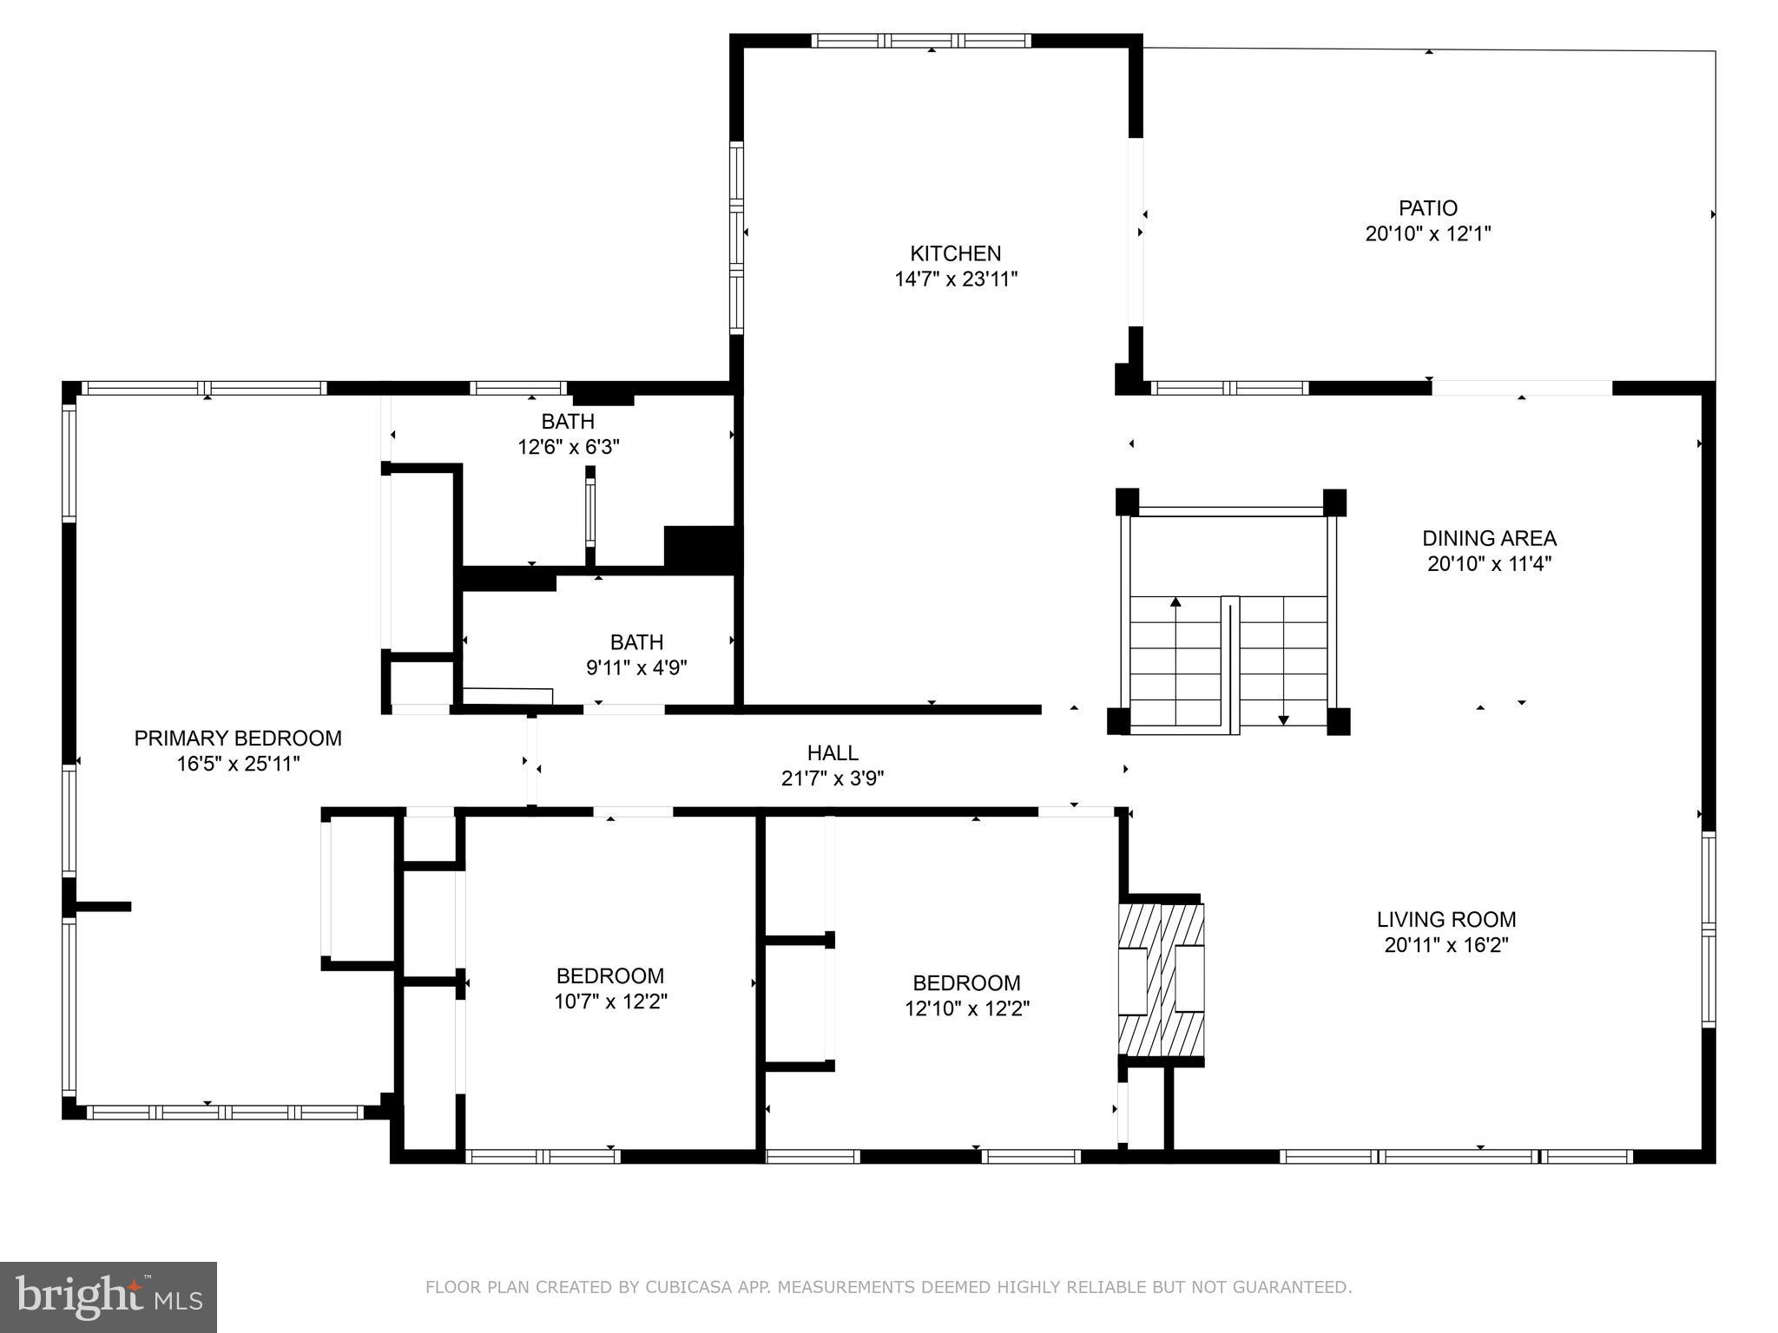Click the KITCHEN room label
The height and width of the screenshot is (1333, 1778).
[955, 253]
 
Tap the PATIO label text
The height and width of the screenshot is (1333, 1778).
[1427, 208]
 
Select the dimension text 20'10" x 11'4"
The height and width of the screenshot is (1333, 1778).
[1489, 564]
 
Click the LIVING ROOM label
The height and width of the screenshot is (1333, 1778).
[1445, 919]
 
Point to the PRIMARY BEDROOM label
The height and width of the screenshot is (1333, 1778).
[238, 739]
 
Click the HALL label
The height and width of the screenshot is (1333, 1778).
[832, 753]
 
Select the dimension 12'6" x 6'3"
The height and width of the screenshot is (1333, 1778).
[568, 448]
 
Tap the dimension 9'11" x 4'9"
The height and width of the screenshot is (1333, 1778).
[636, 668]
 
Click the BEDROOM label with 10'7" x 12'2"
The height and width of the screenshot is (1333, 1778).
[610, 975]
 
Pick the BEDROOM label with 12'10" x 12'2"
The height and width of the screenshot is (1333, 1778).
[965, 983]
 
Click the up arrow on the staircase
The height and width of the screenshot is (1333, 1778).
[1175, 602]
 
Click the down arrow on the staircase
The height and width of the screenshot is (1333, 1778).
[1283, 719]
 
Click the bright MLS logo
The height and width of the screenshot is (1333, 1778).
[109, 1297]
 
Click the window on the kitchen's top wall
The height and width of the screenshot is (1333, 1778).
[921, 40]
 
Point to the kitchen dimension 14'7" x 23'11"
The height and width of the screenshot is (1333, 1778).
[955, 279]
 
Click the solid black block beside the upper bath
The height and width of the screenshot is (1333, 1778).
[701, 548]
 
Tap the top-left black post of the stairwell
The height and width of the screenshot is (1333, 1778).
[1127, 502]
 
